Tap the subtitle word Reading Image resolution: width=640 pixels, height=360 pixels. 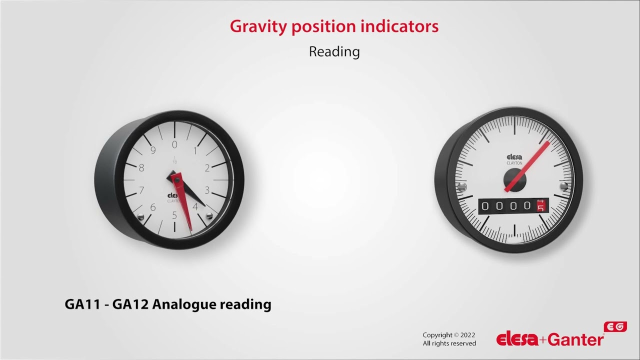(334, 51)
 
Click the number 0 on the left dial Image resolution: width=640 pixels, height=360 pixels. (174, 145)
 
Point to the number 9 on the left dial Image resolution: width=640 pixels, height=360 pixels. (153, 150)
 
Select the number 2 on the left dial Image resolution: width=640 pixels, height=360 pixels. (207, 168)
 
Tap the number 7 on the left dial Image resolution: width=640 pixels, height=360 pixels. (141, 190)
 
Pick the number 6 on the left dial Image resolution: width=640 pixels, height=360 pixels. (153, 207)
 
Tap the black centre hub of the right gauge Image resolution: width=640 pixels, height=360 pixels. (513, 178)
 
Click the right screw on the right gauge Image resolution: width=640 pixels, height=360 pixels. (564, 186)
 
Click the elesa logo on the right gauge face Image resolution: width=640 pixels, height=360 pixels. (514, 157)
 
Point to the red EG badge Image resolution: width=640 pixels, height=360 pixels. (615, 326)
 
